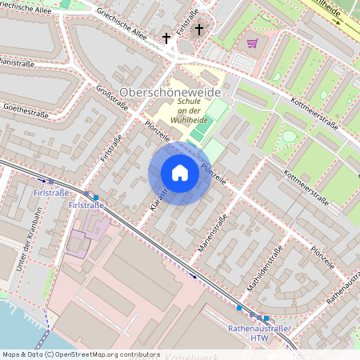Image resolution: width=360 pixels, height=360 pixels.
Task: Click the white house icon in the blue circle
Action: click(x=180, y=173)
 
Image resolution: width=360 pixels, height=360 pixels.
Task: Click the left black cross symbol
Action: click(x=167, y=38)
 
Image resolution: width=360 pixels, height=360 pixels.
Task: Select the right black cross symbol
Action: click(x=198, y=31)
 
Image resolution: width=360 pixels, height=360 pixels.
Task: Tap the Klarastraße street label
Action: click(x=158, y=200)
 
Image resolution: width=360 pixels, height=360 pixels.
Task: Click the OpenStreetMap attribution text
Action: click(x=80, y=354)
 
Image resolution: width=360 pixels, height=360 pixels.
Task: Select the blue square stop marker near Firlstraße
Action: click(x=96, y=197)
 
